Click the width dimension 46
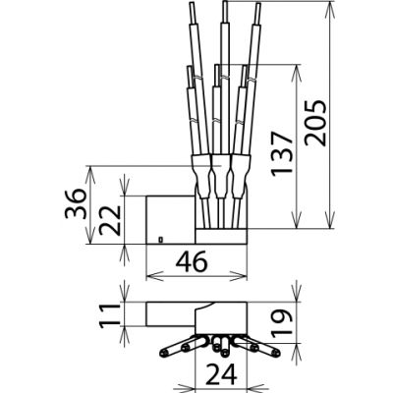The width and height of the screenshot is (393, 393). [x=193, y=262]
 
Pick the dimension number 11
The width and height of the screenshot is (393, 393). [x=114, y=313]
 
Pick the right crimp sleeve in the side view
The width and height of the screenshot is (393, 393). [x=239, y=182]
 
